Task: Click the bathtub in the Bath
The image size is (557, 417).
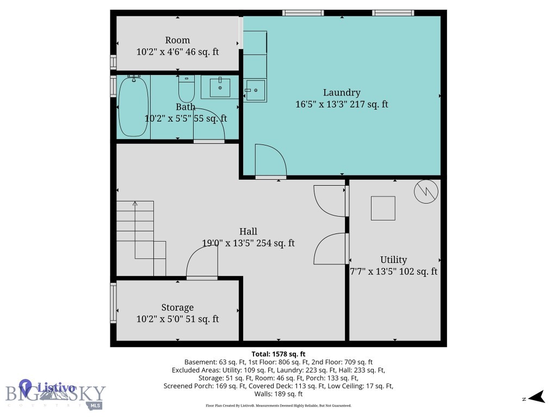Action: (133, 106)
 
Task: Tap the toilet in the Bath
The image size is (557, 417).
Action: (186, 90)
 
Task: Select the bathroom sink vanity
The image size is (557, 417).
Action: (220, 87)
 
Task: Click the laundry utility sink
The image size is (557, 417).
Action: (254, 90)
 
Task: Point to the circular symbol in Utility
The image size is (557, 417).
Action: (426, 192)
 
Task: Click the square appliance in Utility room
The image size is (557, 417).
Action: (383, 208)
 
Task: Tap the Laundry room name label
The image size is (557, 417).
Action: (342, 92)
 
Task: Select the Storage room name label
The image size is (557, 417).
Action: (177, 307)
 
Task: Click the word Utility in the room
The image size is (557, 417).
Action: (393, 260)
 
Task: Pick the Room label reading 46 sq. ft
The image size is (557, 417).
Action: (177, 52)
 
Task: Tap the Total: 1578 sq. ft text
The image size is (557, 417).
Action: (282, 353)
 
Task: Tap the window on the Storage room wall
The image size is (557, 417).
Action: (113, 303)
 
